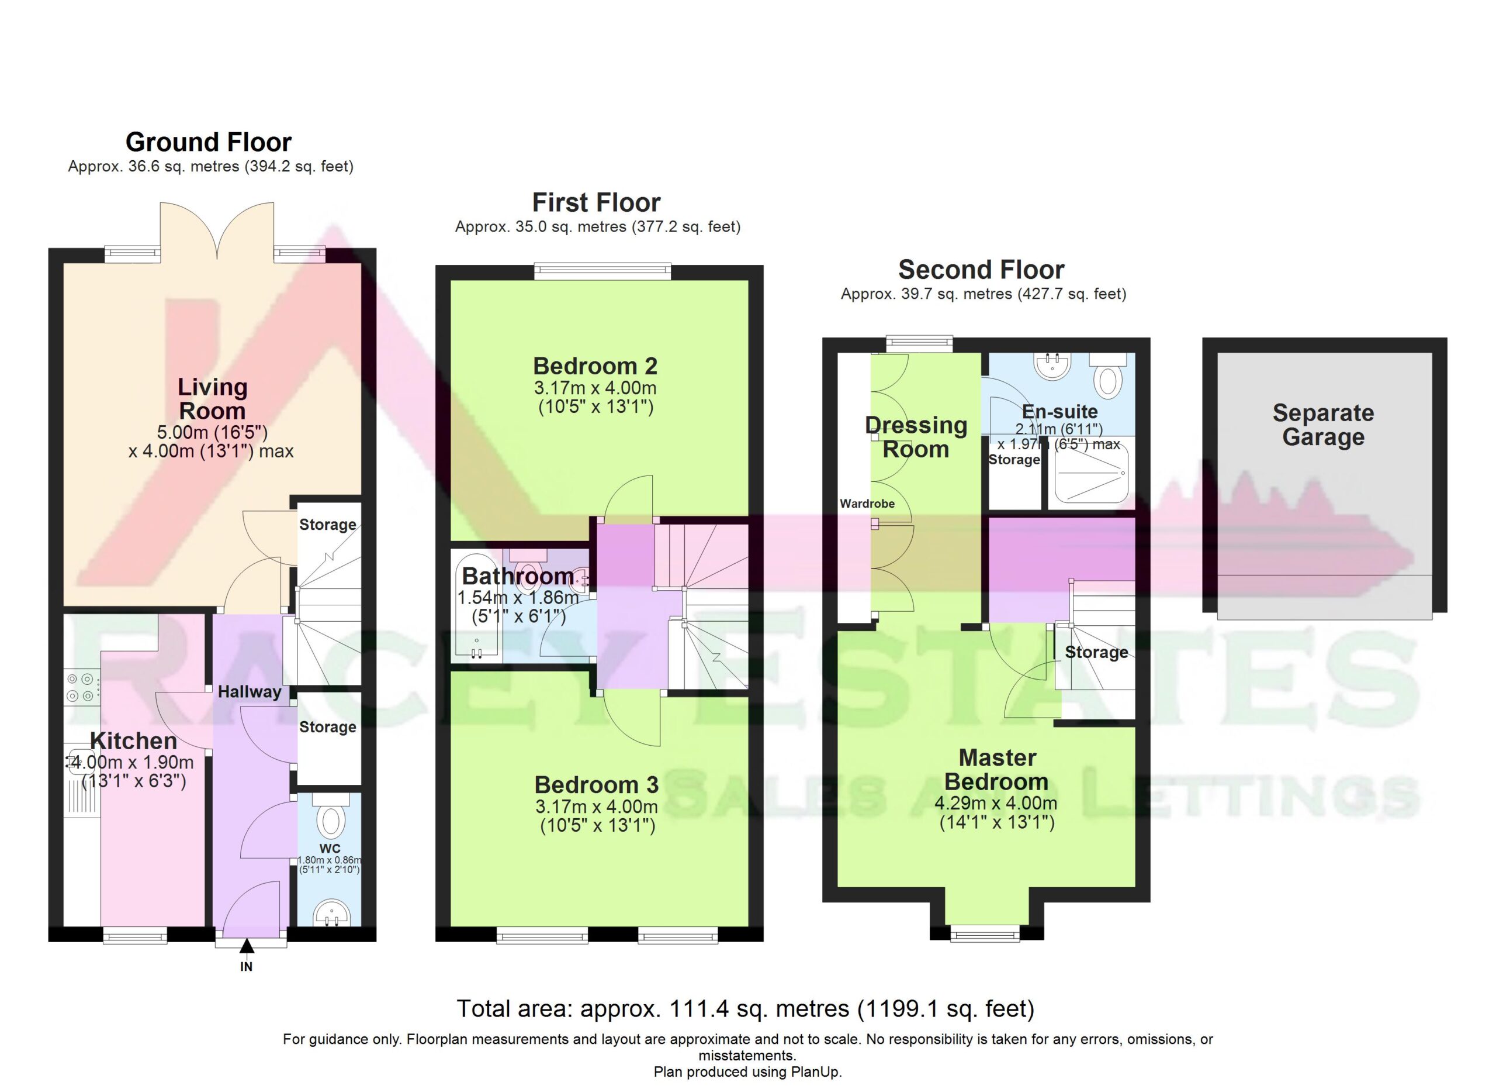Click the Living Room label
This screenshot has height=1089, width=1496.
(x=212, y=399)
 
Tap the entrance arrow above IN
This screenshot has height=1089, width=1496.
(x=247, y=947)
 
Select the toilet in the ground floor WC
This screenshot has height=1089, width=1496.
(x=331, y=817)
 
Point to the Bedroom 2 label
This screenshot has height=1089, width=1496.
(x=595, y=366)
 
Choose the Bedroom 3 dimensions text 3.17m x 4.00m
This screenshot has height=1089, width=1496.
(x=596, y=807)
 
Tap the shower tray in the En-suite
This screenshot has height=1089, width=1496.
(x=1092, y=473)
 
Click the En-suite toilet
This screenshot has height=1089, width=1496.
(x=1108, y=376)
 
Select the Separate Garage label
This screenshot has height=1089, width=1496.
(x=1323, y=425)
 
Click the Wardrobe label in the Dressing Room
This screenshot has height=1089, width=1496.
(x=867, y=504)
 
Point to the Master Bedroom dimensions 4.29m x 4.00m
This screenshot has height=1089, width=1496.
(x=996, y=803)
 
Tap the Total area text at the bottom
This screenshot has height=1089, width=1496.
(x=745, y=1008)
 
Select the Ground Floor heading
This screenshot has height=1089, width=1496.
(x=209, y=142)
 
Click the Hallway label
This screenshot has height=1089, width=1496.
(x=250, y=692)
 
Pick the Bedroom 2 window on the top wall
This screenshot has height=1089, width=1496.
(x=602, y=271)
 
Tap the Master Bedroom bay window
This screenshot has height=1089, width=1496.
(x=985, y=933)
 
